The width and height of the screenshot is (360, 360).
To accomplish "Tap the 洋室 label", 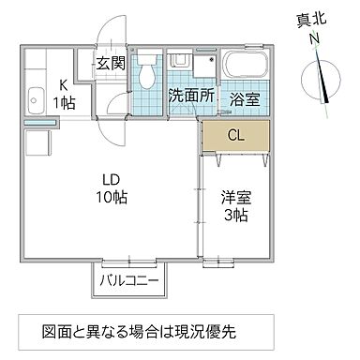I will (x=234, y=198).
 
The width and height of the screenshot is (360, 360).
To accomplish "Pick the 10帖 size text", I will (x=111, y=198).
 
